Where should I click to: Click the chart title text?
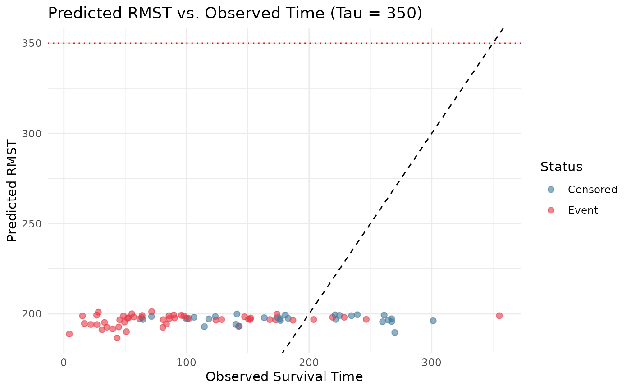click(x=235, y=14)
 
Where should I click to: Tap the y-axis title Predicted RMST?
click(x=13, y=190)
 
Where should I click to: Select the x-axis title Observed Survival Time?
click(x=284, y=376)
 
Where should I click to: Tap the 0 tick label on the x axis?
click(x=64, y=362)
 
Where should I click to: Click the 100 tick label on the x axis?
click(x=186, y=362)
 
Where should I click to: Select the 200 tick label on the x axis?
click(x=309, y=362)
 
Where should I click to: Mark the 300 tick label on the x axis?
click(x=431, y=362)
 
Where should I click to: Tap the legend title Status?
click(x=562, y=167)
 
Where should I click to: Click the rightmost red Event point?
click(x=499, y=316)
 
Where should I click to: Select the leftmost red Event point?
click(x=69, y=334)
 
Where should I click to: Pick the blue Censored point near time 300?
click(x=433, y=321)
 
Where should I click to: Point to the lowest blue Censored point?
click(x=394, y=332)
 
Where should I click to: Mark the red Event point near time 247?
click(x=366, y=319)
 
